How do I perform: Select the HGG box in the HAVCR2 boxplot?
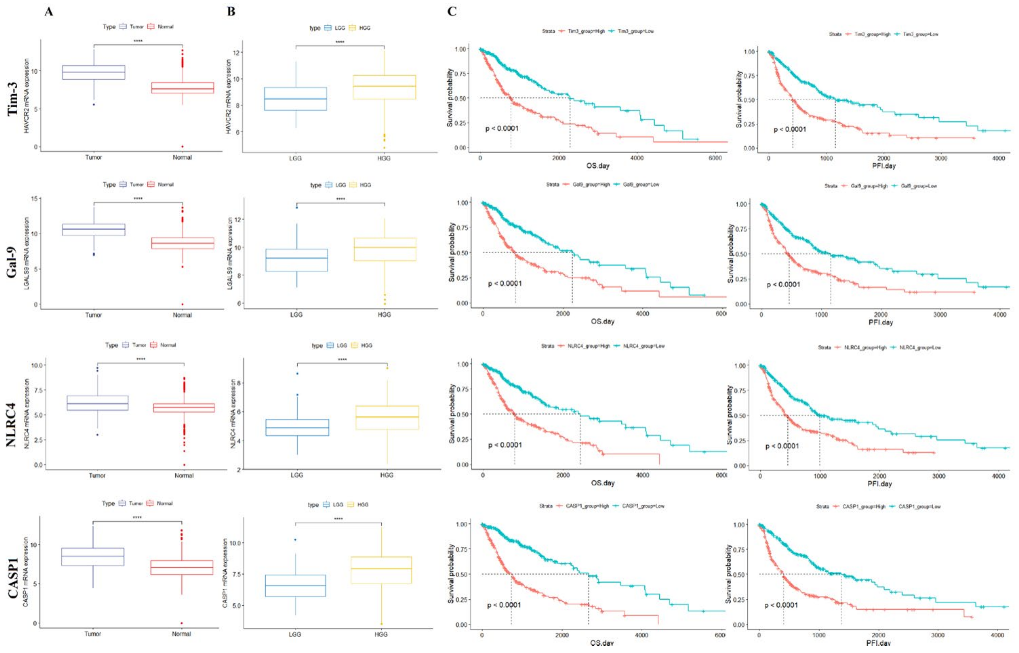(384, 87)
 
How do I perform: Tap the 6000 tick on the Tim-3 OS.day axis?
(715, 158)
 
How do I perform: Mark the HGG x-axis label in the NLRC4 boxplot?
(387, 475)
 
